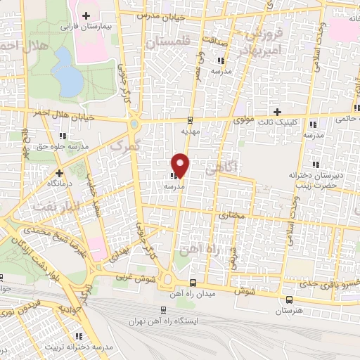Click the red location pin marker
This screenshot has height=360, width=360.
pyautogui.click(x=181, y=165)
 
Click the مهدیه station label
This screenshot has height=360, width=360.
pyautogui.click(x=191, y=131)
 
